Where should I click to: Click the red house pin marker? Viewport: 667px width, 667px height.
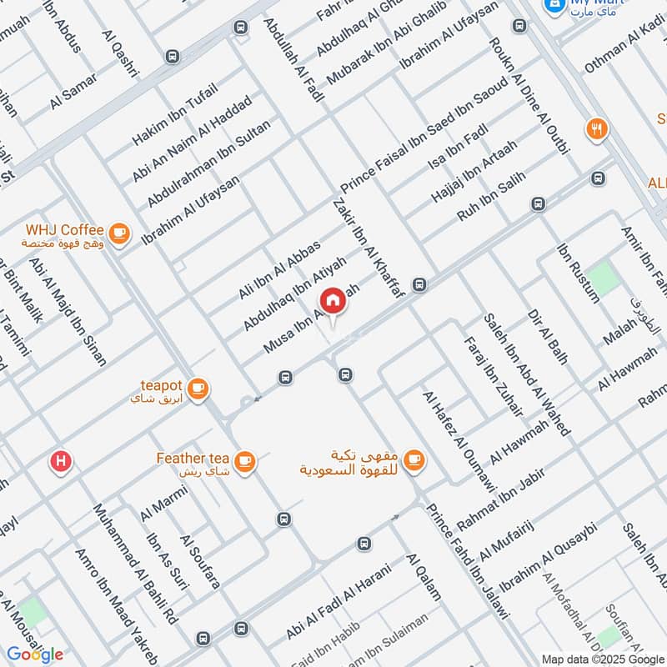[332, 301]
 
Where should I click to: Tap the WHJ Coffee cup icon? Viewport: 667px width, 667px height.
[119, 233]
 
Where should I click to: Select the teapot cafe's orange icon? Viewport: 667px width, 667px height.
[198, 388]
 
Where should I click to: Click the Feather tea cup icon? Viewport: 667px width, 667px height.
[244, 460]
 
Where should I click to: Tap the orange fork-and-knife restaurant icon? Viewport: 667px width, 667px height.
[597, 129]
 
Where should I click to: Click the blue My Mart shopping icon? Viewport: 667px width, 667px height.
[551, 6]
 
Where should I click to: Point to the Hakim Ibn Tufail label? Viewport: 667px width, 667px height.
[174, 116]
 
